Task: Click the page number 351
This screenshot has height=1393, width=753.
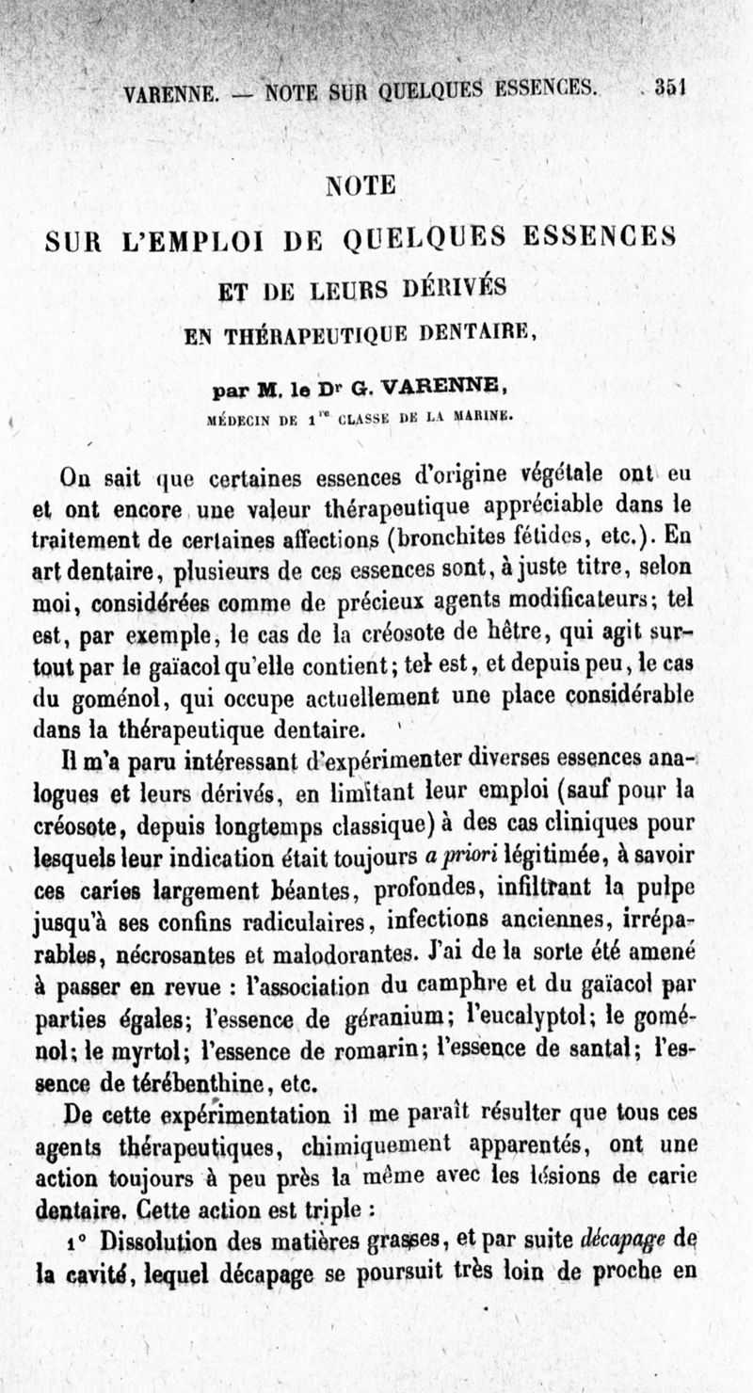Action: (671, 89)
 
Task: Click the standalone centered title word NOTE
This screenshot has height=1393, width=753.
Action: (360, 185)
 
